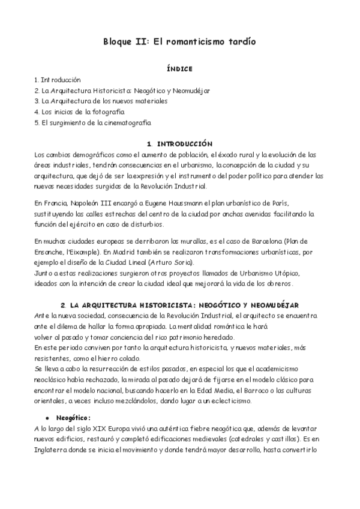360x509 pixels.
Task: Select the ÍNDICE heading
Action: [x=180, y=69]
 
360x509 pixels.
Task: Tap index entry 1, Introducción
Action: [x=58, y=79]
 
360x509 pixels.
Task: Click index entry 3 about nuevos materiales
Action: [x=101, y=101]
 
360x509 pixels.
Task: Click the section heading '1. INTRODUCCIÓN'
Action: [x=180, y=144]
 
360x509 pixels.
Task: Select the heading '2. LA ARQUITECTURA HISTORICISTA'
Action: [x=180, y=306]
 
